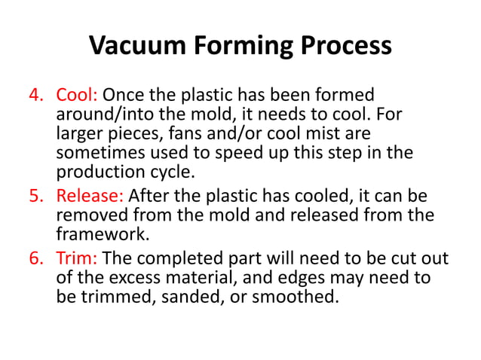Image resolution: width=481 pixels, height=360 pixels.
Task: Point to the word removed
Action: [89, 216]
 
